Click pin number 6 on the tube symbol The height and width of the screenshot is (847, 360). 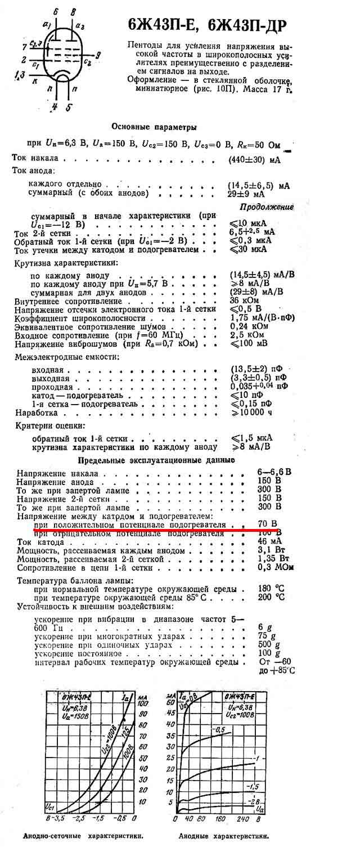[55, 11]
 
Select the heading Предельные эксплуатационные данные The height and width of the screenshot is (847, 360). [155, 460]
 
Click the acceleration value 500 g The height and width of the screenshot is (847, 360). [268, 644]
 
